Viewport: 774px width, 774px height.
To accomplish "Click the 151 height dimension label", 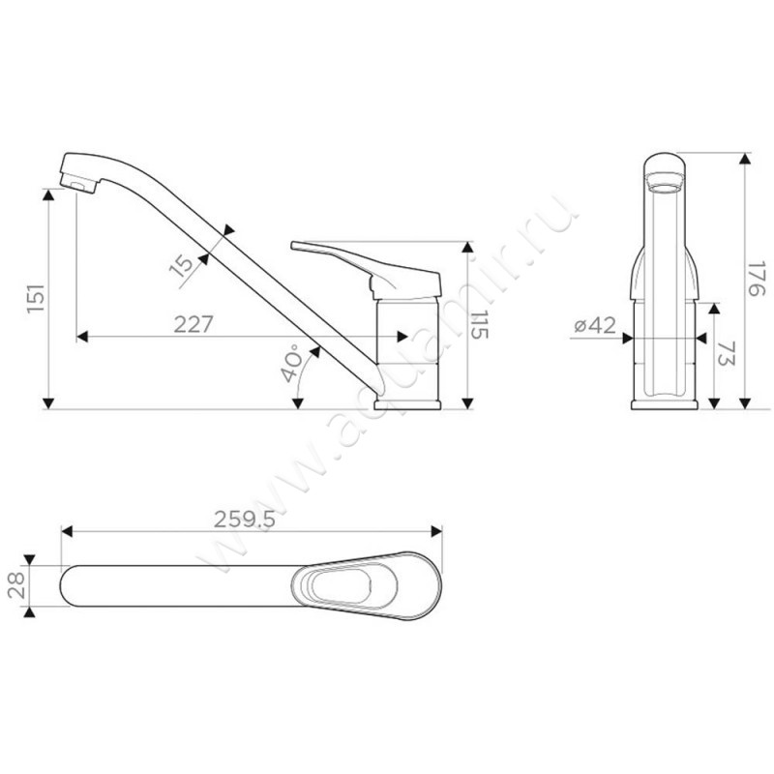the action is [x=36, y=298].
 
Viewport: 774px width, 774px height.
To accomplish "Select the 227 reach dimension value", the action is [x=193, y=324].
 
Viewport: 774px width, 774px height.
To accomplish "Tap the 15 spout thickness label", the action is [x=182, y=264].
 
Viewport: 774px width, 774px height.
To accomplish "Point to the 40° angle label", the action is [x=291, y=364].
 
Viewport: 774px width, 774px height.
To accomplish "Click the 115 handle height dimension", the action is [x=478, y=325].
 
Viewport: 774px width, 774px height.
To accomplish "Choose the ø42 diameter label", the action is [x=595, y=325].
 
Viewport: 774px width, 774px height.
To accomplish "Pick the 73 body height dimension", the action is [x=725, y=353].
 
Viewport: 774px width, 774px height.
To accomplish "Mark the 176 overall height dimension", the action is [x=756, y=280].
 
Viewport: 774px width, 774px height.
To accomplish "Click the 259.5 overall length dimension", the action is [x=245, y=519].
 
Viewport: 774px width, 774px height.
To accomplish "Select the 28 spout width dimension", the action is [x=16, y=585].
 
